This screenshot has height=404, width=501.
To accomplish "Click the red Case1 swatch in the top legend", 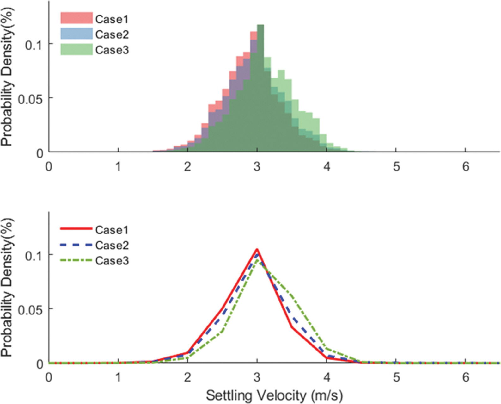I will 76,18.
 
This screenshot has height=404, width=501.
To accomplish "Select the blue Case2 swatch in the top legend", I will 76,34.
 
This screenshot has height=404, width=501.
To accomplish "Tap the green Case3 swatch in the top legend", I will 76,49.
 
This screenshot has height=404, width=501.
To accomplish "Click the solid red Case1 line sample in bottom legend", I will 76,228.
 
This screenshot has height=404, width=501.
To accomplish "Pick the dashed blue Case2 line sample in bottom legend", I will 76,245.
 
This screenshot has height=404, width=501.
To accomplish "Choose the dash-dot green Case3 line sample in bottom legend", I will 76,260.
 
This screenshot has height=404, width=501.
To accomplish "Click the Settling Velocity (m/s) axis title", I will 274,395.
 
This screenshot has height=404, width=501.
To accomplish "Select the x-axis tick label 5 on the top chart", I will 396,166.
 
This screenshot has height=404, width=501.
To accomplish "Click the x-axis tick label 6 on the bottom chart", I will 466,377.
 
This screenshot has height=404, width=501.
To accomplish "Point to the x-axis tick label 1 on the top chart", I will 118,166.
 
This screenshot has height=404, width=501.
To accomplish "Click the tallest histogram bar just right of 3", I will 260,89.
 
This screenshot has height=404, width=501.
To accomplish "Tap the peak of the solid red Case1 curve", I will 257,250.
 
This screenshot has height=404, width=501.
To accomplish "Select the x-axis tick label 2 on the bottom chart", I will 188,377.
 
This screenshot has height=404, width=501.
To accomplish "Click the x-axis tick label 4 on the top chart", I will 327,166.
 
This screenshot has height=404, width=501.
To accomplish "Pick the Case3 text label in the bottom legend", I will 112,261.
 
